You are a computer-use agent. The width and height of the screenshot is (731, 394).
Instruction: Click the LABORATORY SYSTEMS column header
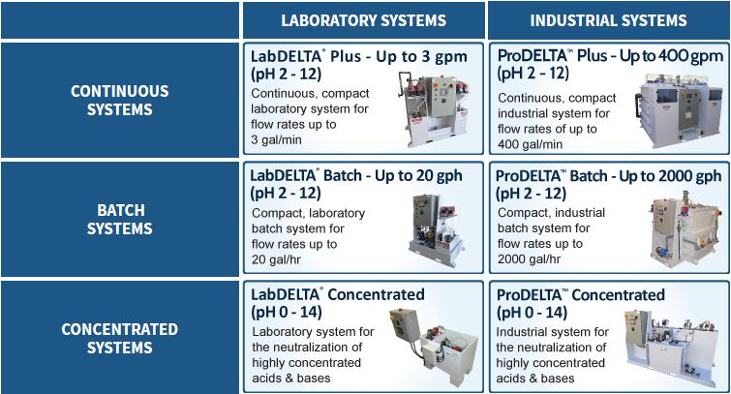[364, 20]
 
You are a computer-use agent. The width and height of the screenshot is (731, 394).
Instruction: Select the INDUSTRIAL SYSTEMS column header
[608, 20]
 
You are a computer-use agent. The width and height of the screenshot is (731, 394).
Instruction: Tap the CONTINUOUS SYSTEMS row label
[120, 101]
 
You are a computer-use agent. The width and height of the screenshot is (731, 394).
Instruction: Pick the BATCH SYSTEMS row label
[120, 219]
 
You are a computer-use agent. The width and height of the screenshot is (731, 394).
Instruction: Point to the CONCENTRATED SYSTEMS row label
[120, 338]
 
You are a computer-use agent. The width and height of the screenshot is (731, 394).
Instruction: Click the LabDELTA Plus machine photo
[434, 109]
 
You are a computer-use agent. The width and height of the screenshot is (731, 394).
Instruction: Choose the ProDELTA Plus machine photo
[680, 111]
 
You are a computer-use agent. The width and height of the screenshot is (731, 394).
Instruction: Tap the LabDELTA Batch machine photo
[437, 230]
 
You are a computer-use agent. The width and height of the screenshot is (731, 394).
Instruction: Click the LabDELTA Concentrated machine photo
[434, 348]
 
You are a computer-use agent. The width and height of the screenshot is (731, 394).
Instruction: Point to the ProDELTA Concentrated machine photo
[671, 348]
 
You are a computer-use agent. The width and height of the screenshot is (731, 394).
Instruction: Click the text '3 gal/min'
[276, 139]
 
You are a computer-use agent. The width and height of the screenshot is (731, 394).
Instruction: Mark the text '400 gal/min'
[530, 144]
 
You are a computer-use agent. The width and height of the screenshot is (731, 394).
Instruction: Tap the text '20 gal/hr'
[276, 259]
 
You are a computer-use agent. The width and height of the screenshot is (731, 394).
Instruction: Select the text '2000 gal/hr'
[530, 258]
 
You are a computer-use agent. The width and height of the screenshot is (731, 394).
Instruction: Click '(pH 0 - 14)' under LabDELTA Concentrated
[287, 312]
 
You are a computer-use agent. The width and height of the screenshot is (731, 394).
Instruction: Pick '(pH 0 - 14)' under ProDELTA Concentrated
[532, 312]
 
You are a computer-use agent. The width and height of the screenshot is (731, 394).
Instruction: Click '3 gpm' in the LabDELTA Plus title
[444, 57]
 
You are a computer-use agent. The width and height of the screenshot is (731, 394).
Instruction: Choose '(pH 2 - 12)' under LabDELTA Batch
[286, 193]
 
